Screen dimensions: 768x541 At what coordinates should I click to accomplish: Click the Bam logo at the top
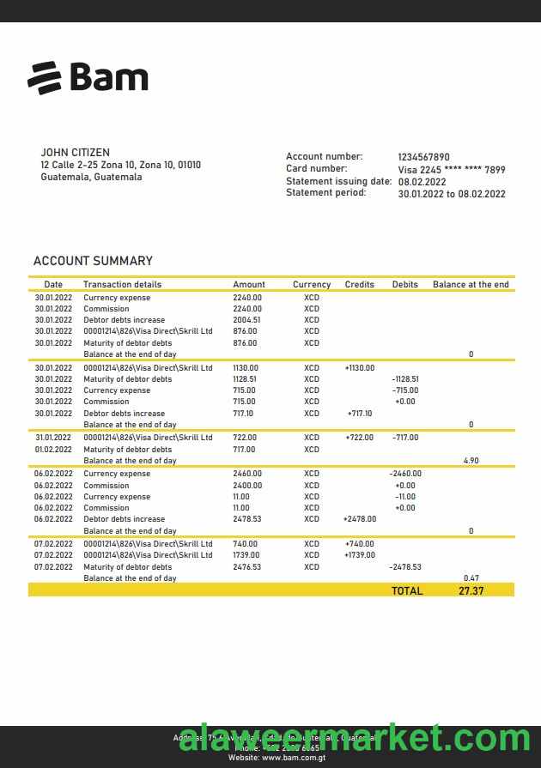[88, 77]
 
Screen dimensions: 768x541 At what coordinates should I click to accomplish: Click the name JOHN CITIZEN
[75, 153]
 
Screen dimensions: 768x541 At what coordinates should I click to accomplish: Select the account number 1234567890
[423, 157]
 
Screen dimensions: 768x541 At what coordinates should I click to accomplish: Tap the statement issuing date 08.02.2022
[422, 182]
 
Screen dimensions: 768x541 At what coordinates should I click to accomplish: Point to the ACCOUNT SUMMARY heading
[93, 261]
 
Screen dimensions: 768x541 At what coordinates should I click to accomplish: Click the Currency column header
[311, 285]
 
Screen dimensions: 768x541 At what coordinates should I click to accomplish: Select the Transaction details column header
[122, 285]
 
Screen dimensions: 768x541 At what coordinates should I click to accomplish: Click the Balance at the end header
[471, 285]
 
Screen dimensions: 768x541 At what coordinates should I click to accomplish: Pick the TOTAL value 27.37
[471, 591]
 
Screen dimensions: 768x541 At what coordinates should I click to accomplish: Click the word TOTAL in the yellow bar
[407, 591]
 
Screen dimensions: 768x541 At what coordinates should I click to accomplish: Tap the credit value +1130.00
[360, 368]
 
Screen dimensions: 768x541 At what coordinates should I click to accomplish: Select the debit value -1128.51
[404, 379]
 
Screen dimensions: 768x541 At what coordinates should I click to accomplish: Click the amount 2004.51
[246, 320]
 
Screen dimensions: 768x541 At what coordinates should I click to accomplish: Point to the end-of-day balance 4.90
[471, 461]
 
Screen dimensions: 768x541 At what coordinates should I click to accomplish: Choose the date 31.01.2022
[53, 438]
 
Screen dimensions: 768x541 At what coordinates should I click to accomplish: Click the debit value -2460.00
[404, 474]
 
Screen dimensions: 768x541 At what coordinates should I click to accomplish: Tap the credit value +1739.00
[360, 555]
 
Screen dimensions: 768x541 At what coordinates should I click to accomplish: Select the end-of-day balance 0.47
[471, 578]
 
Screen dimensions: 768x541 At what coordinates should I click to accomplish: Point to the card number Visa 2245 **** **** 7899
[451, 170]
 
